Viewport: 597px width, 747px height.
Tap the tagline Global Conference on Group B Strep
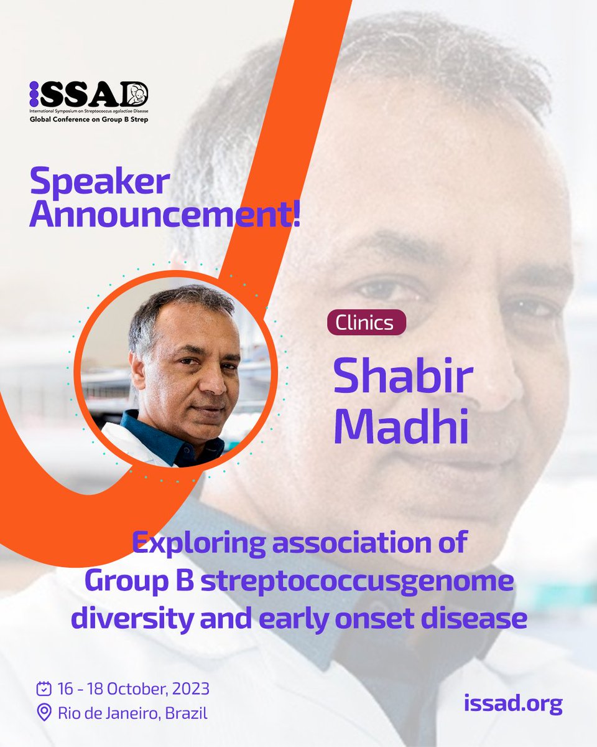click(89, 118)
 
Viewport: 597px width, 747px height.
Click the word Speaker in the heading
click(99, 182)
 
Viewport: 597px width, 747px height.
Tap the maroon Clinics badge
click(366, 322)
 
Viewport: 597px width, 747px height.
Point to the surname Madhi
click(401, 428)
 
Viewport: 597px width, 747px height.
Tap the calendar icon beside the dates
click(44, 689)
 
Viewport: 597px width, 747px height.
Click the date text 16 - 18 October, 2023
click(133, 689)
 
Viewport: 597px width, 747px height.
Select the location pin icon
click(44, 712)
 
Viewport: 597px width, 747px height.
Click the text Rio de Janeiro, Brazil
click(132, 712)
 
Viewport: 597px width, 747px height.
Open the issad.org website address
click(513, 703)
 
